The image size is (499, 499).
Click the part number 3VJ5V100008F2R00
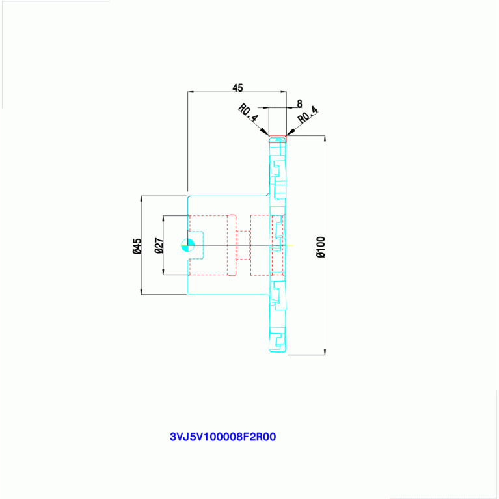click(x=223, y=437)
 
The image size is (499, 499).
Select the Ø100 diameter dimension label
click(x=321, y=247)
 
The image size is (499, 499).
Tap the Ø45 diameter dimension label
click(x=137, y=246)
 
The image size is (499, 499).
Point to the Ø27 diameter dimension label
click(x=159, y=246)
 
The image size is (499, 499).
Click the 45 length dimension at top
click(x=237, y=88)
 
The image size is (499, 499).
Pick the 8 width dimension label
click(x=299, y=103)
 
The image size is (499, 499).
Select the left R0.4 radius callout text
click(x=249, y=113)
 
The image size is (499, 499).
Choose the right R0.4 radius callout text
click(x=308, y=115)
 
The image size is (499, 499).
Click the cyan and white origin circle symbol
click(x=188, y=245)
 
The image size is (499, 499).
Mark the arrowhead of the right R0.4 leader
click(x=290, y=132)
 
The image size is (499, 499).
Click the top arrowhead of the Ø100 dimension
click(x=325, y=139)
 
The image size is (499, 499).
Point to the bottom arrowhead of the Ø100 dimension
click(x=325, y=351)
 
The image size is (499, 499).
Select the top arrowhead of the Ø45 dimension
click(x=141, y=200)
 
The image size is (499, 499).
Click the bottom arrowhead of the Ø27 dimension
click(x=163, y=271)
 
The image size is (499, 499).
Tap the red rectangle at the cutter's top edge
click(x=278, y=139)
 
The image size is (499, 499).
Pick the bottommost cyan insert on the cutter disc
click(x=278, y=340)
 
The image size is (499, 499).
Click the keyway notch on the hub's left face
click(x=196, y=245)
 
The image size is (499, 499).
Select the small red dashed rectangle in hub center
click(x=243, y=245)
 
